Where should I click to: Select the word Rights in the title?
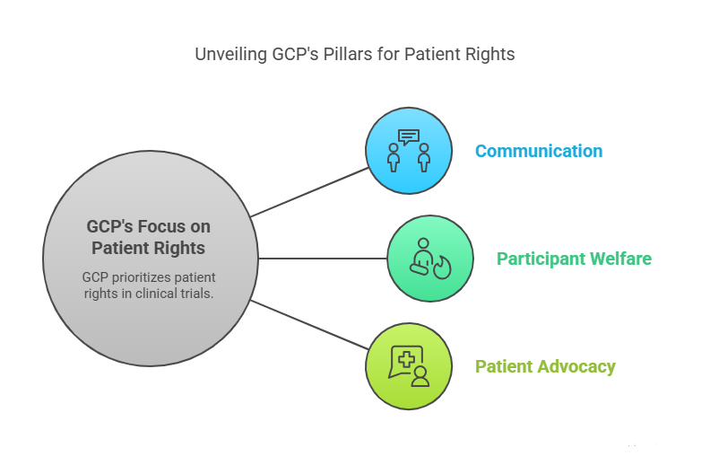coord(489,54)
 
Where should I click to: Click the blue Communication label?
coord(538,151)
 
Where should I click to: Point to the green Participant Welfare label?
coord(574,259)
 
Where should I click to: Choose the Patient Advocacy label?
coord(545,366)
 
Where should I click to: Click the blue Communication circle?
coord(409,151)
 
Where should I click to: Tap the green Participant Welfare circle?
coord(430,259)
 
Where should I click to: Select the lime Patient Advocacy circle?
coord(409,366)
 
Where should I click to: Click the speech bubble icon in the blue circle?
coord(409,137)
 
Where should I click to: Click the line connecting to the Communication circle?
coord(309,191)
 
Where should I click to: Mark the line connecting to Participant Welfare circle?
coord(323,259)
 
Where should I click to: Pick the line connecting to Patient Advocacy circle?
coord(309,325)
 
